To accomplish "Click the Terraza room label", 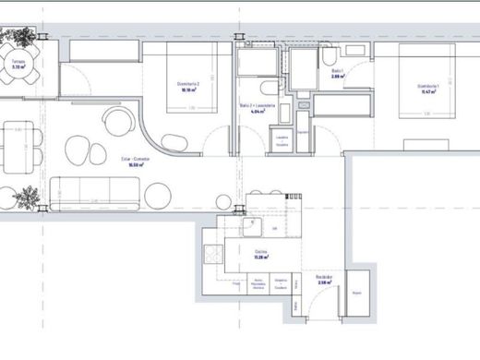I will [x=17, y=66].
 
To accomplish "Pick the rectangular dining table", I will [x=14, y=148].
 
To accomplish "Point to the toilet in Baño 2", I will [x=267, y=89].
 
